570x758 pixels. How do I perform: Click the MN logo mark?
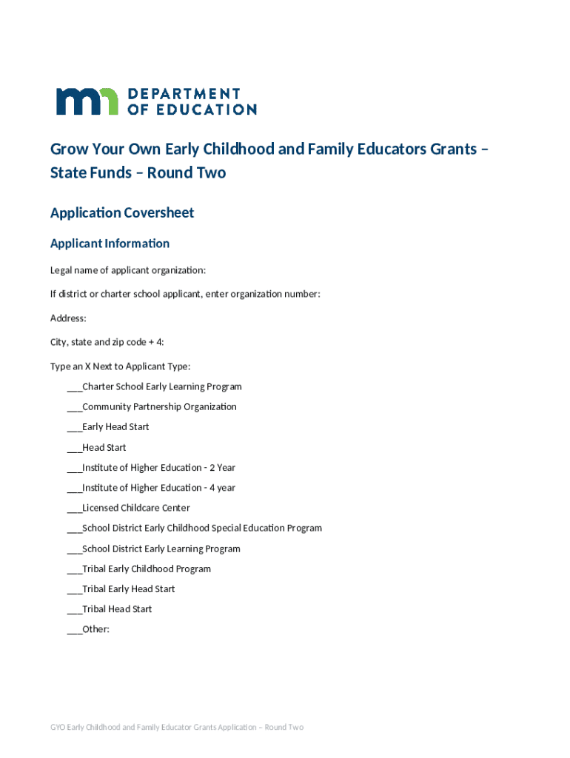pos(87,101)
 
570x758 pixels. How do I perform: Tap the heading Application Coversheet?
pos(122,213)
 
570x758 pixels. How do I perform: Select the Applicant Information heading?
pos(110,244)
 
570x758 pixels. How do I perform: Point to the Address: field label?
pos(68,318)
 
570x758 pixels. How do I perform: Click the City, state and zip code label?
pos(107,342)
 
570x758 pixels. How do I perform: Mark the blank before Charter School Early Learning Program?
pos(74,387)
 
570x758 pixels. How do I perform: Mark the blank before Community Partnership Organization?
pos(74,407)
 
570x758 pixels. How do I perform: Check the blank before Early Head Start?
pos(74,427)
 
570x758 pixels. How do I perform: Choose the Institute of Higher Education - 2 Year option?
pos(158,468)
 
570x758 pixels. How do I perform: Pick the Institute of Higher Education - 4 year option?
pos(158,488)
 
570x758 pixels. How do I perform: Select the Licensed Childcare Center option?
pos(135,508)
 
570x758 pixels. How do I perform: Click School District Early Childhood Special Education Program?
pos(201,529)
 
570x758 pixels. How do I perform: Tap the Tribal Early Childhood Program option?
pos(146,569)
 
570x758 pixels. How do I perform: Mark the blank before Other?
pos(74,630)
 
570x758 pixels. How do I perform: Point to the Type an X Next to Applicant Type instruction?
pos(120,366)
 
